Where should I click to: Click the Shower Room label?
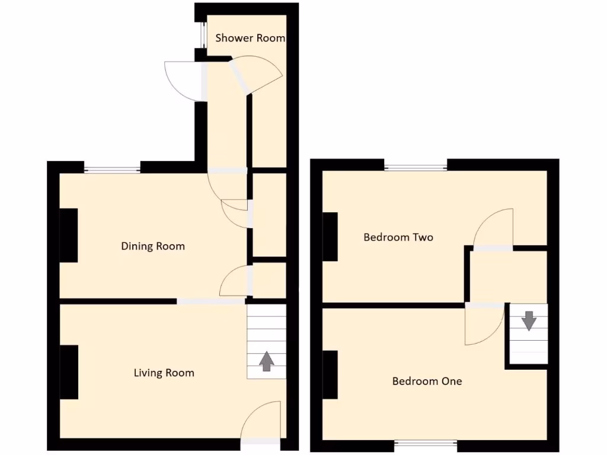(250, 39)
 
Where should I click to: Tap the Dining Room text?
(153, 246)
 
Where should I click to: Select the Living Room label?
(164, 373)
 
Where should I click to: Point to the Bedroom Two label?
(398, 238)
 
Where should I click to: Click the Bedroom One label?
(427, 381)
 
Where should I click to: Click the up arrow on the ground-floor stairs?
(266, 361)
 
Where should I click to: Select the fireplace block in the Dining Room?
(69, 235)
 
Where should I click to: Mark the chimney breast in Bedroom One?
(330, 375)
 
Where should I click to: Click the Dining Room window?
(112, 170)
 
